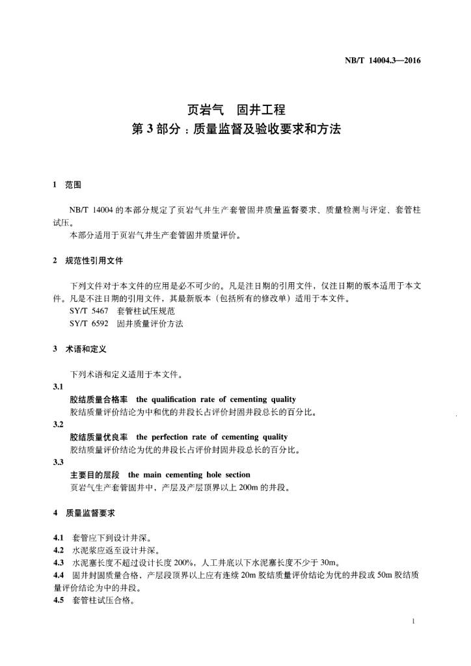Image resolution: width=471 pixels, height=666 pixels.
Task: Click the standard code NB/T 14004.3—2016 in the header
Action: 383,61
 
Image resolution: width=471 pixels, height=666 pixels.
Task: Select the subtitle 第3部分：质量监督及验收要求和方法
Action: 236,129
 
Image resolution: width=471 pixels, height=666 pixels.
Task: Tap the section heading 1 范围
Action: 67,185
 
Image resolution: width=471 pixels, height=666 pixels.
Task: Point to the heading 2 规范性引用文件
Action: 87,261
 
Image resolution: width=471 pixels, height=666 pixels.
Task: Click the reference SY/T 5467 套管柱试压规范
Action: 122,312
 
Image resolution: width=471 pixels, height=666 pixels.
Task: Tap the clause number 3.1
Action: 59,387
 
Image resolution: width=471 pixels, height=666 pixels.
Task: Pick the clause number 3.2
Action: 59,425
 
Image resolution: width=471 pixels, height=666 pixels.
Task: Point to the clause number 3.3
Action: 59,462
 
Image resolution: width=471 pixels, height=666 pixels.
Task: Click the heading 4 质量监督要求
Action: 84,513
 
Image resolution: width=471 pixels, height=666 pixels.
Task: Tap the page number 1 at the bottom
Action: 414,622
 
